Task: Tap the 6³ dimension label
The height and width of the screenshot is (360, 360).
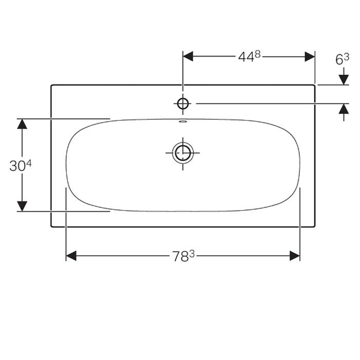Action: [x=343, y=60]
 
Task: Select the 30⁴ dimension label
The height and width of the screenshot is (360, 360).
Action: [x=21, y=166]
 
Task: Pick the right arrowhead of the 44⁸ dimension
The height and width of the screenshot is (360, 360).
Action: [x=310, y=57]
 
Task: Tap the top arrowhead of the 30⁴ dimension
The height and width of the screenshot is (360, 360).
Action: [x=22, y=123]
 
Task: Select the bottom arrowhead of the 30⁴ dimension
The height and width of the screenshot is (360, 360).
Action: [x=22, y=207]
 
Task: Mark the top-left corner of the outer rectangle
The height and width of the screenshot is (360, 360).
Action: [x=51, y=85]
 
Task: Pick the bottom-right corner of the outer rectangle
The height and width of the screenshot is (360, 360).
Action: [x=315, y=227]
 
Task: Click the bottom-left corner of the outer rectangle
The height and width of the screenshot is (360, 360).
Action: [x=51, y=227]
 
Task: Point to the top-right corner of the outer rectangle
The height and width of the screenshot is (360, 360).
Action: [x=315, y=85]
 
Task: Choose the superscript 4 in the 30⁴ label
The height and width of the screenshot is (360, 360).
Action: [x=29, y=163]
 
